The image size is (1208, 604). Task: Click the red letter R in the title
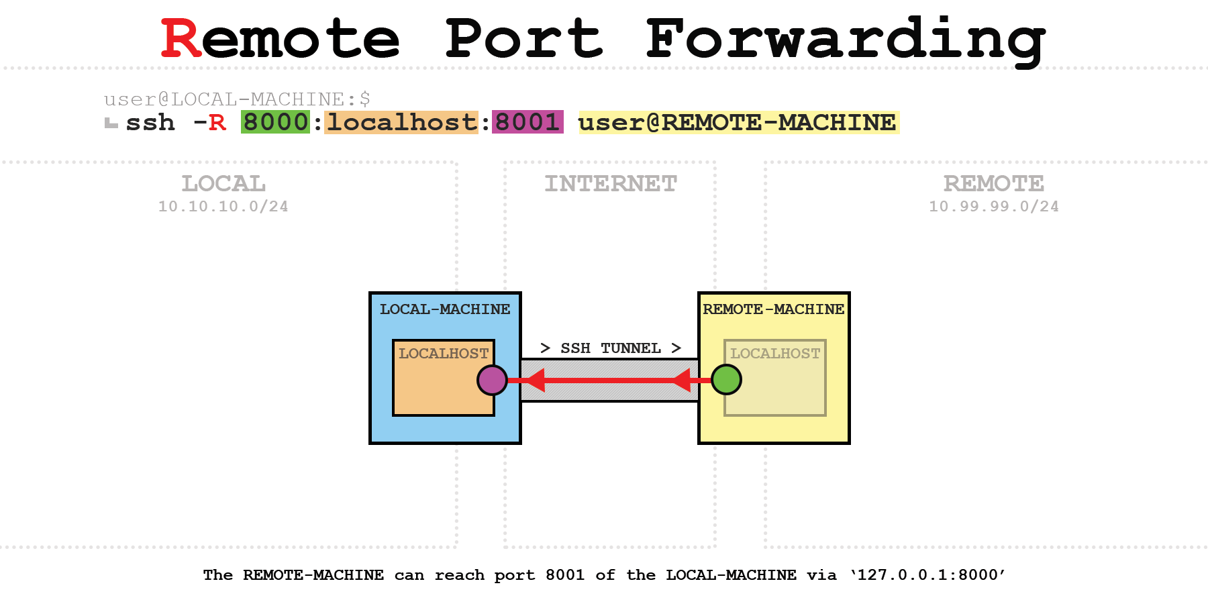181,39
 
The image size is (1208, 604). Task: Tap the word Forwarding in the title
846,39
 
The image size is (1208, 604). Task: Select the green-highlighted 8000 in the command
275,122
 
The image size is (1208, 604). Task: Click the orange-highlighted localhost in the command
401,122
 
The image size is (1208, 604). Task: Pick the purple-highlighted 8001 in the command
527,122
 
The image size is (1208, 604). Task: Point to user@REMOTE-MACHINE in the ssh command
738,122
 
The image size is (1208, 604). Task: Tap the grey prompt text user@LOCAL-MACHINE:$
237,99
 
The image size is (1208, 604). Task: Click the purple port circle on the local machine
492,380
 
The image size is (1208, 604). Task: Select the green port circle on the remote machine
726,380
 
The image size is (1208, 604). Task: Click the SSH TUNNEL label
611,348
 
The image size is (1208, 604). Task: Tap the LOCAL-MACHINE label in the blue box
445,309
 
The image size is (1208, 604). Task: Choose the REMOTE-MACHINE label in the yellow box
773,309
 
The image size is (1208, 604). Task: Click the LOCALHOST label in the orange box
444,354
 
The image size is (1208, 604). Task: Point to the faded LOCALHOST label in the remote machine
775,354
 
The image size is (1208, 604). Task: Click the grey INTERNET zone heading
611,183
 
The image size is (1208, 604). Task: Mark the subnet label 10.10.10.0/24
223,207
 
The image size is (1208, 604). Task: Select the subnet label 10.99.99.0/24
994,207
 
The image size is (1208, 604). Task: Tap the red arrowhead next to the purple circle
534,381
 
